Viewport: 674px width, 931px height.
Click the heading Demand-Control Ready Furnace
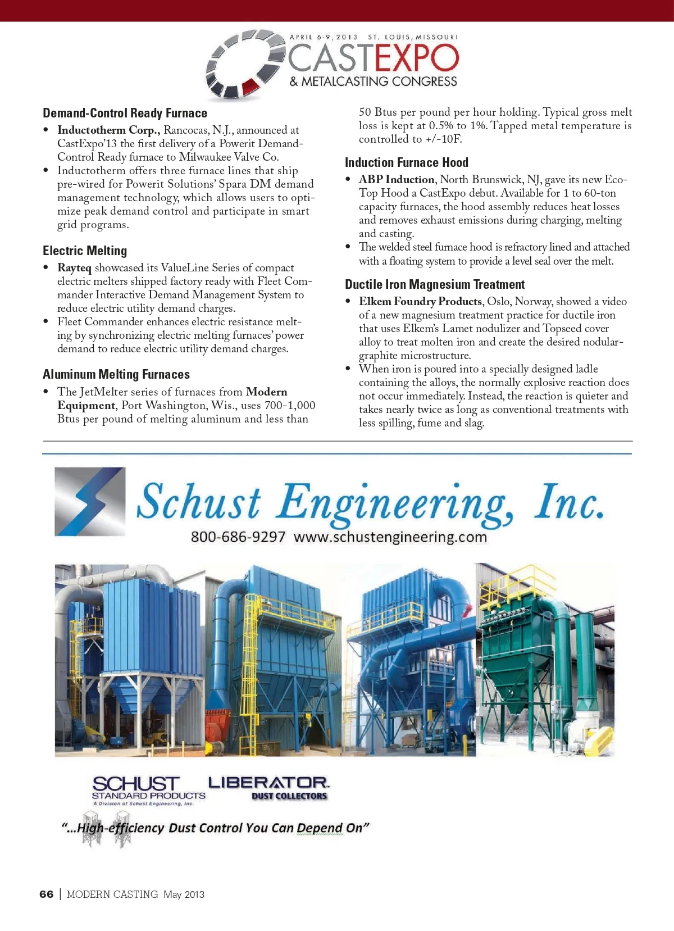point(125,113)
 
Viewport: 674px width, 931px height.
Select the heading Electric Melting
point(85,251)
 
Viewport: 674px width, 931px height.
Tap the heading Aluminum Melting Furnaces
point(116,374)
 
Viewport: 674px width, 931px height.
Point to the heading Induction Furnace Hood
point(407,162)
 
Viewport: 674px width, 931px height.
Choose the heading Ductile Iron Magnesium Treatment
point(435,284)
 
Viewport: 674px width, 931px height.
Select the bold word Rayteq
point(74,267)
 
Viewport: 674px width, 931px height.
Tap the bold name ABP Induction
point(397,179)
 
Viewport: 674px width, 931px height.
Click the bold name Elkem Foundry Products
point(420,301)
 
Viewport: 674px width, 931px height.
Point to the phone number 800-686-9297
point(238,537)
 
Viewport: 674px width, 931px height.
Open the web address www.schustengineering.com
point(390,537)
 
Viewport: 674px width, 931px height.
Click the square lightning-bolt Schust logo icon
point(90,501)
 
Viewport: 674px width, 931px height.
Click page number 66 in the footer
point(47,894)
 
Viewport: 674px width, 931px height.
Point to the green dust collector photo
point(545,660)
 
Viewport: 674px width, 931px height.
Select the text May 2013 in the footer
point(184,894)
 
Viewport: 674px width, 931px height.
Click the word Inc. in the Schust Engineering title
point(569,501)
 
